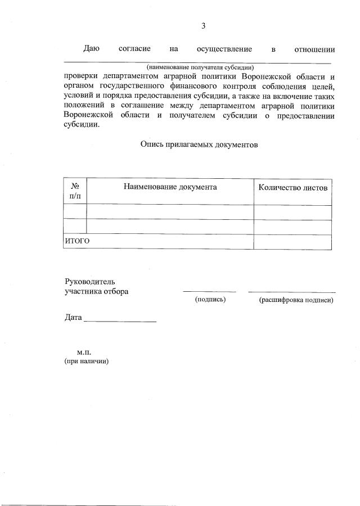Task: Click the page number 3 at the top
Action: [x=204, y=25]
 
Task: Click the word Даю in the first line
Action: [x=92, y=49]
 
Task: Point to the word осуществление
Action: [x=224, y=49]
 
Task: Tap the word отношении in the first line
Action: [x=315, y=49]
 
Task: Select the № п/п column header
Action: [x=75, y=191]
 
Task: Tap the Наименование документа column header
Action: [x=170, y=187]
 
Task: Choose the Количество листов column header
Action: [x=292, y=187]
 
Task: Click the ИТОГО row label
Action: [x=78, y=241]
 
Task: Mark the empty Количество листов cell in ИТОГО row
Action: [x=292, y=241]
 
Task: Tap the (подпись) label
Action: [x=210, y=300]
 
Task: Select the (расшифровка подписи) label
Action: [x=296, y=300]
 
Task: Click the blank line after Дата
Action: [x=120, y=320]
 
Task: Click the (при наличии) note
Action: [x=86, y=362]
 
